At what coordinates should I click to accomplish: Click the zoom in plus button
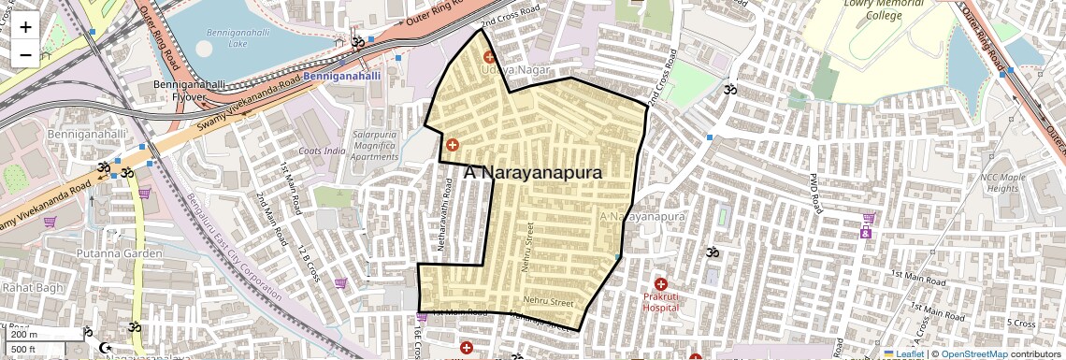25,27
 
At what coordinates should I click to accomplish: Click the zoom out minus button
25,55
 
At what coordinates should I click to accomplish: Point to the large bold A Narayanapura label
532,172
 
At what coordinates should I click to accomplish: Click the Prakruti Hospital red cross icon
661,284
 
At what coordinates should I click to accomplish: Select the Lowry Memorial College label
883,9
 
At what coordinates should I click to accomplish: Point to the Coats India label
322,151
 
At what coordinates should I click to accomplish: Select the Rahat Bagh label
32,286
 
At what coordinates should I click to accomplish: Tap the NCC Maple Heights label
1002,182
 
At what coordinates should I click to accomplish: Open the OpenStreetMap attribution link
973,353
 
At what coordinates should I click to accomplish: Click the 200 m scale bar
36,335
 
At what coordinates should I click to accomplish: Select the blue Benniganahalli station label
342,75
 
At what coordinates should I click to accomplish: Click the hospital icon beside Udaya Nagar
488,58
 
